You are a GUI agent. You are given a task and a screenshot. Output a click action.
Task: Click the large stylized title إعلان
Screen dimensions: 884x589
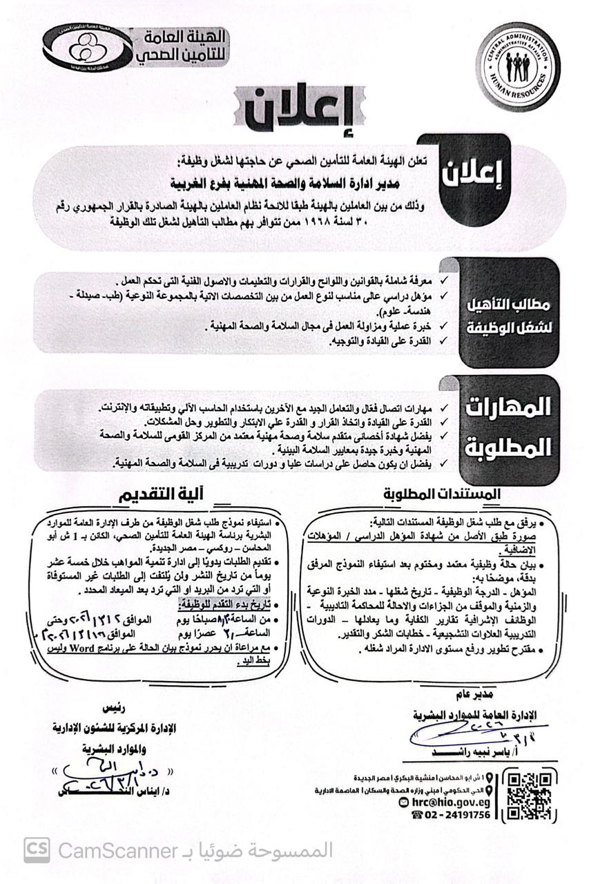298,111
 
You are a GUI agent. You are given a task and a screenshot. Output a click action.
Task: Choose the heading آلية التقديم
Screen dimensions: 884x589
165,495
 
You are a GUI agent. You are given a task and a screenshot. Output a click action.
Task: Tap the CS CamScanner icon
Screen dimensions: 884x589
37,849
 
